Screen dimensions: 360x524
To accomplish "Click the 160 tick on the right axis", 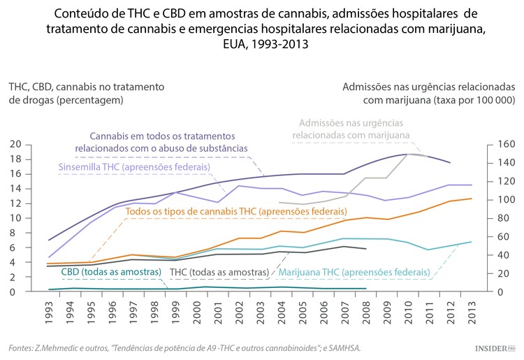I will coord(507,145).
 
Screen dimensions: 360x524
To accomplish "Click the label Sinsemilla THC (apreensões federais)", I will coord(133,168).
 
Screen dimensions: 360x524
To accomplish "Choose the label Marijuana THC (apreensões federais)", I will coord(354,271).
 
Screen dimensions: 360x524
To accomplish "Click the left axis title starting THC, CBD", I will coord(86,93).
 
